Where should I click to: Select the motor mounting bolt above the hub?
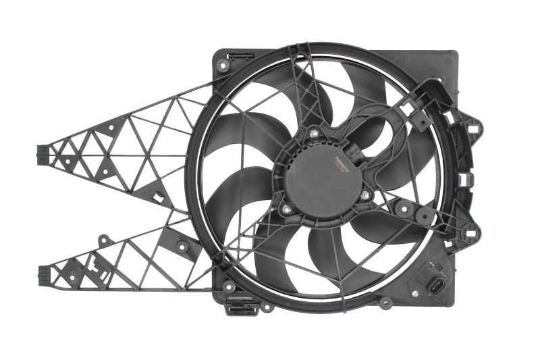pos(315,134)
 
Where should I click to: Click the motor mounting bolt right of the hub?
pos(365,195)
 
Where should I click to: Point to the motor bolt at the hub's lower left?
pos(288,209)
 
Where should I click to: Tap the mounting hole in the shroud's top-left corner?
pos(223,66)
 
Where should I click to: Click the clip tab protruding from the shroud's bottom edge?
pos(243,309)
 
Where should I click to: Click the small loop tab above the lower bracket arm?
pos(104,240)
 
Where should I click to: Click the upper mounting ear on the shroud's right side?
pos(473,126)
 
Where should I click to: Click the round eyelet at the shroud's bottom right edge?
pos(385,302)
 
